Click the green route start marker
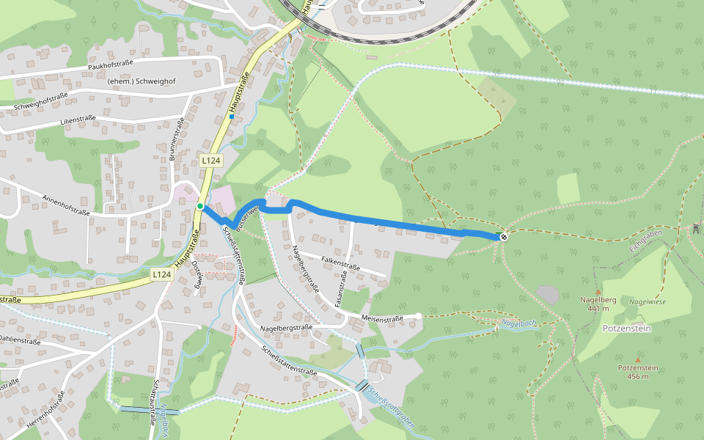coord(199,207)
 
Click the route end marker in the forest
coord(504,236)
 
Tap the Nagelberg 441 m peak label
coord(598,304)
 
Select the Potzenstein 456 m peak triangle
coord(638,360)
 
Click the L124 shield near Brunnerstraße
coord(210,160)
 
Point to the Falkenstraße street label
coord(341,263)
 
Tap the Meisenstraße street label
coord(383,318)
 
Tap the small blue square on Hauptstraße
coord(232,116)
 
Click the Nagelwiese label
coord(647,301)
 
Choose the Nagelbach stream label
coord(518,323)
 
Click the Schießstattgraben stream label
coord(393,407)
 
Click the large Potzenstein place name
coord(627,329)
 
